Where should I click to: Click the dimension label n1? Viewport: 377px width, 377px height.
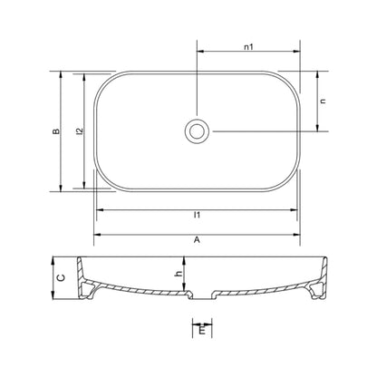click(248, 47)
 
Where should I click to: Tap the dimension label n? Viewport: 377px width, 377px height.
click(323, 101)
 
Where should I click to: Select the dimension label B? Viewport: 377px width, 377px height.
click(56, 131)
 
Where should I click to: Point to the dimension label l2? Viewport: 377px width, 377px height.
click(80, 131)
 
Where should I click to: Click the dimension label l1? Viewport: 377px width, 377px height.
click(197, 215)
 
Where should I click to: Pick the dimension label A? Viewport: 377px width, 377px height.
click(197, 240)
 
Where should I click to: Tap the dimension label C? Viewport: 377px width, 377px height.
click(61, 277)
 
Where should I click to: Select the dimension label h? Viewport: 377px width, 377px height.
click(179, 274)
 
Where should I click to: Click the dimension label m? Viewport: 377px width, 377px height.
click(202, 330)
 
